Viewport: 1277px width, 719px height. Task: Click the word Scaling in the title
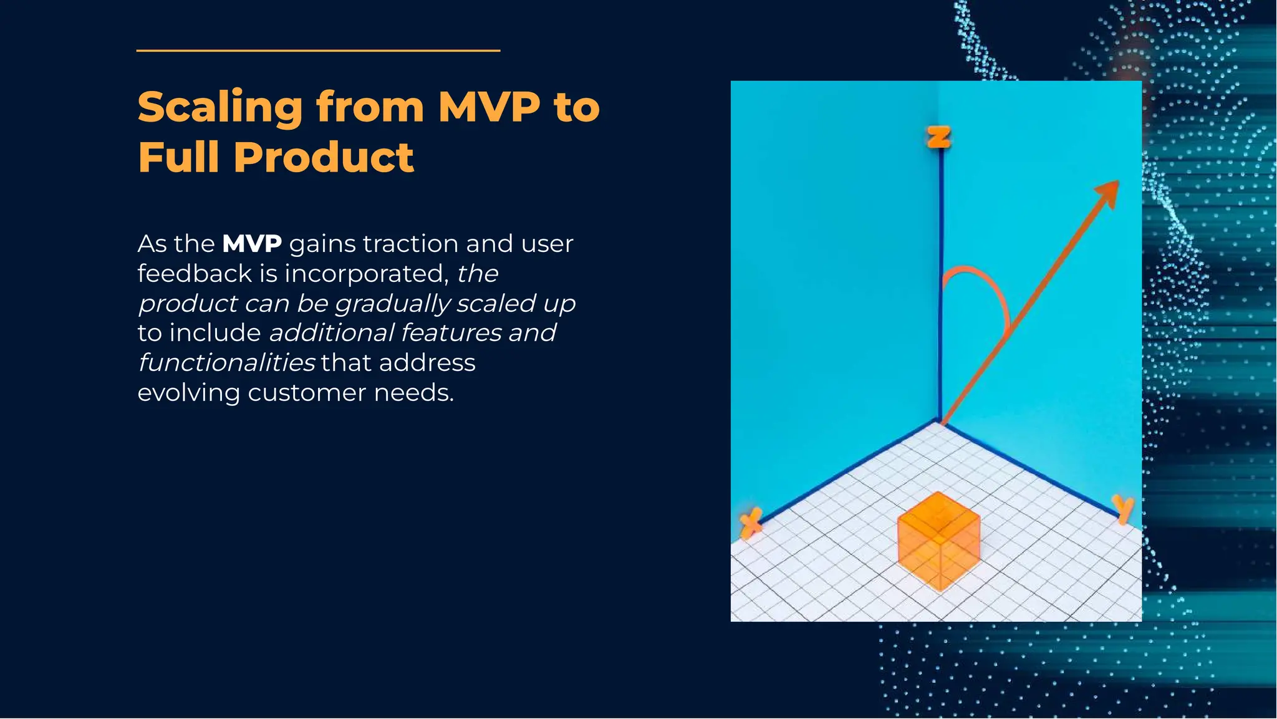(x=219, y=107)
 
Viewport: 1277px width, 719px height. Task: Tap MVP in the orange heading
(x=489, y=107)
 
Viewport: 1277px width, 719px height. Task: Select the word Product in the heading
(x=323, y=157)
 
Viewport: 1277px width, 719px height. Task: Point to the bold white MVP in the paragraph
(x=252, y=244)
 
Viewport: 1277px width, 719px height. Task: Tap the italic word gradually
(x=392, y=304)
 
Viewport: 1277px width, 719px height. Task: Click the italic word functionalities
(x=226, y=363)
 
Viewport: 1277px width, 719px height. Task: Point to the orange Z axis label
(x=939, y=137)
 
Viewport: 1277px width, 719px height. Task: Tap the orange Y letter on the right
(x=1123, y=508)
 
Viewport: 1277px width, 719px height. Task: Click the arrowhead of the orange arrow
(x=1109, y=192)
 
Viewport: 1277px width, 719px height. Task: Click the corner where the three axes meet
(x=940, y=422)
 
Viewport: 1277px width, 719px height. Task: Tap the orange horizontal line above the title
(x=318, y=51)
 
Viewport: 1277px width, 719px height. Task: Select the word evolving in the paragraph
(x=188, y=393)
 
